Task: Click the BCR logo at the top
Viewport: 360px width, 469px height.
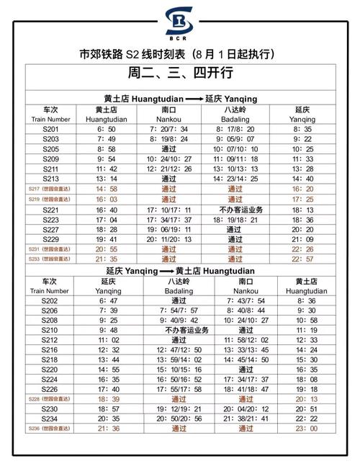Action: (179, 23)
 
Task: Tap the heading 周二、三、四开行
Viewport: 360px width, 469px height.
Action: (180, 73)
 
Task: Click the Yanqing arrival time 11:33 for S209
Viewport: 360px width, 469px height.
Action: (302, 158)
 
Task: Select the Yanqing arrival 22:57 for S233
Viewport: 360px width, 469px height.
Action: (302, 258)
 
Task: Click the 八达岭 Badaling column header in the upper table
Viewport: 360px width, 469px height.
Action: (235, 114)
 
